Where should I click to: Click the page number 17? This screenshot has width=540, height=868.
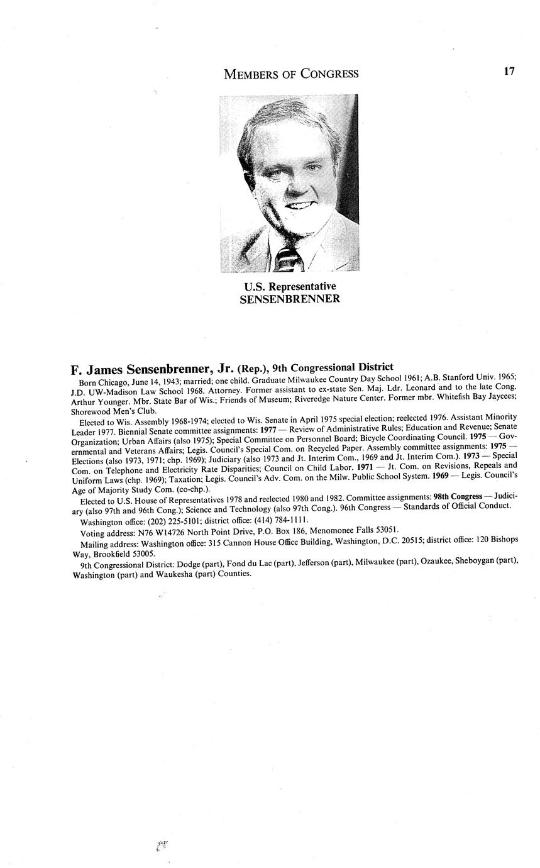[509, 71]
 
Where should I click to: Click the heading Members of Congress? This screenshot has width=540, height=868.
[291, 74]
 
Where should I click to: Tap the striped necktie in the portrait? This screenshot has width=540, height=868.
[289, 259]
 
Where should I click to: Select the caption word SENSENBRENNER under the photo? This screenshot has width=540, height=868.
[290, 299]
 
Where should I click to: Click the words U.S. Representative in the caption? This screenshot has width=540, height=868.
[290, 287]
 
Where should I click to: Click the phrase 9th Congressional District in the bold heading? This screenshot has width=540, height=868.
[333, 367]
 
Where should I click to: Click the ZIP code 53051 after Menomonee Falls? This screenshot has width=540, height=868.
[385, 530]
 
